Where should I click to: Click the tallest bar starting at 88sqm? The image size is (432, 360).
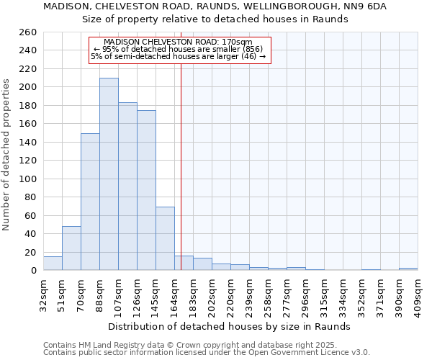(109, 174)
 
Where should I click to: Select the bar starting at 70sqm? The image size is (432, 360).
(90, 202)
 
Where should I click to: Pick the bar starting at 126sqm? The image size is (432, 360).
(146, 190)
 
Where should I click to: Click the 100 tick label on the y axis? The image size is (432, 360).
(27, 179)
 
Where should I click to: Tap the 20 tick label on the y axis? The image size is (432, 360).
(30, 252)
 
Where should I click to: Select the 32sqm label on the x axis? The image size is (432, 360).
(43, 294)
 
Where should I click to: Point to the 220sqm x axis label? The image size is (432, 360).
(230, 294)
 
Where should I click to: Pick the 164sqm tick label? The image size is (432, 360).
(174, 294)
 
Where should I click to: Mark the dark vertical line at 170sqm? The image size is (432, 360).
(181, 166)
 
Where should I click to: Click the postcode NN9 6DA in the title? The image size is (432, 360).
(366, 6)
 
